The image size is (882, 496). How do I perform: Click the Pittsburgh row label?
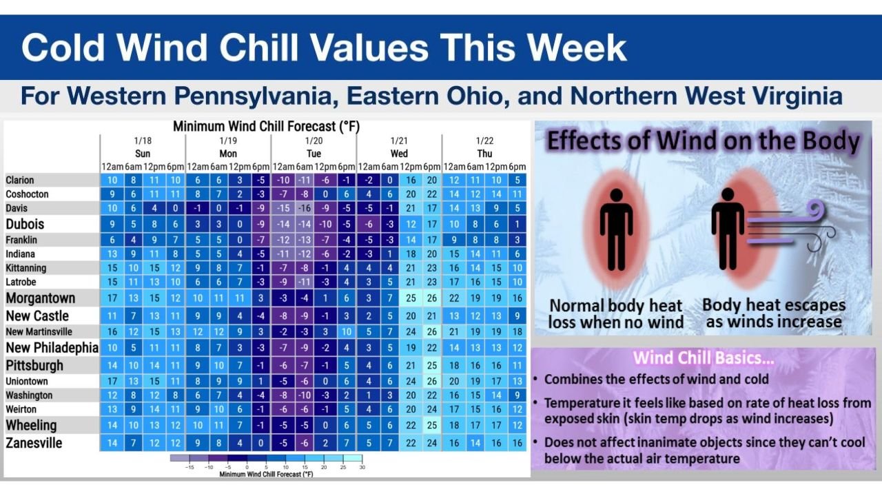coord(34,365)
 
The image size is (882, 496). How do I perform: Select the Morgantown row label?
coord(41,298)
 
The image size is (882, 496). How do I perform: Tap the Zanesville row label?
coord(34,443)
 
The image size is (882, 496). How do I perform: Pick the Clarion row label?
coord(20,180)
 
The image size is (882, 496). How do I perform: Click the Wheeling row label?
coord(31,425)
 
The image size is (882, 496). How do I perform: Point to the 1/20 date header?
coord(314,141)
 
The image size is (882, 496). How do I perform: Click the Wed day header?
coord(399,154)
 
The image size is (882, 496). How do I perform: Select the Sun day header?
coord(143,154)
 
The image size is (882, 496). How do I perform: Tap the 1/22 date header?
coord(484,141)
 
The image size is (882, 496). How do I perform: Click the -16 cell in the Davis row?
coord(304,208)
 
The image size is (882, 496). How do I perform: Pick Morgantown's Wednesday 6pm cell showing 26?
coord(431,298)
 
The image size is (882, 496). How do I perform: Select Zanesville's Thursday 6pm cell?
coord(517,443)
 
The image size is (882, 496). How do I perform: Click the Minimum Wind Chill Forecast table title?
coord(266,127)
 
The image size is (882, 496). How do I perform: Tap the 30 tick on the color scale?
coord(361,468)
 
